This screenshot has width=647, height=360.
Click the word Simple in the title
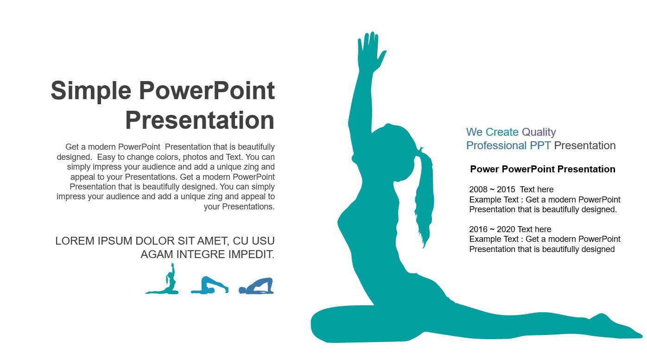[x=91, y=91]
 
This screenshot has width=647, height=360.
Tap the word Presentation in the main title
[x=200, y=120]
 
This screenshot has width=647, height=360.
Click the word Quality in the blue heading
[x=539, y=132]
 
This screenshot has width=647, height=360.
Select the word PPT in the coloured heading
[x=540, y=145]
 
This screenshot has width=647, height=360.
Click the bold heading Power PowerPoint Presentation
[x=543, y=169]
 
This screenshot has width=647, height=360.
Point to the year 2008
[x=478, y=189]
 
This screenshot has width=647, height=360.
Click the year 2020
[x=506, y=229]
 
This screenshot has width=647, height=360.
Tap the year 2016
[x=478, y=229]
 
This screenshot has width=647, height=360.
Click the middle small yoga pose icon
[x=209, y=285]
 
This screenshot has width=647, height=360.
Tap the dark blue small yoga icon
[x=256, y=286]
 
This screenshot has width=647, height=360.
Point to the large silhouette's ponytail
[x=425, y=196]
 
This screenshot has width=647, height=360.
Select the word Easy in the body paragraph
[x=106, y=158]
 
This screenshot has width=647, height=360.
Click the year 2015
[x=506, y=189]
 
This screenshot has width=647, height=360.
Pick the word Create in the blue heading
[x=502, y=132]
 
